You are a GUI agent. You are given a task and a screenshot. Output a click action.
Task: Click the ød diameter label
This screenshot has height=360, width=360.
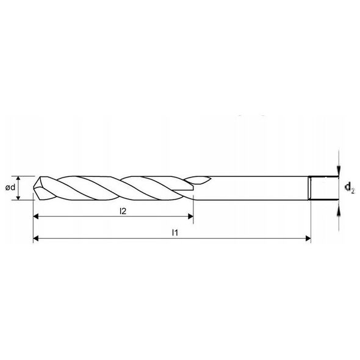[x=10, y=187]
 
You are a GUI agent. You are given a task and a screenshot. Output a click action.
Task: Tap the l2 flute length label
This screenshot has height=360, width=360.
[x=123, y=211]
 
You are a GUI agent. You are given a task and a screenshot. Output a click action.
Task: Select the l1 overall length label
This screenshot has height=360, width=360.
[x=175, y=233]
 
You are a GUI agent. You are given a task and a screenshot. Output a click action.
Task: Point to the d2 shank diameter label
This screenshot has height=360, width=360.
[x=350, y=187]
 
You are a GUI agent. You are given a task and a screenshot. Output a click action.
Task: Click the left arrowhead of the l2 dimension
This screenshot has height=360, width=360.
[x=36, y=216]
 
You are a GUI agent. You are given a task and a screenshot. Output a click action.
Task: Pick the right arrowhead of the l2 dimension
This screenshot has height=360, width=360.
[x=190, y=216]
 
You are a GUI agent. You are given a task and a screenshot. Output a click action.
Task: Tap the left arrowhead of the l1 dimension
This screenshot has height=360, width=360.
[x=36, y=239]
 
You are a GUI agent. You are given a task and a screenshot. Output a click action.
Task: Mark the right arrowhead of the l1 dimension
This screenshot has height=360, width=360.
[x=308, y=239]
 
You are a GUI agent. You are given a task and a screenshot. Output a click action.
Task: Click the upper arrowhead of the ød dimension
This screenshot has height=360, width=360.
[x=19, y=179]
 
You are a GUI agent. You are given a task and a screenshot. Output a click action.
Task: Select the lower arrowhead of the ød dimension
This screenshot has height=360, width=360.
[x=19, y=197]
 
